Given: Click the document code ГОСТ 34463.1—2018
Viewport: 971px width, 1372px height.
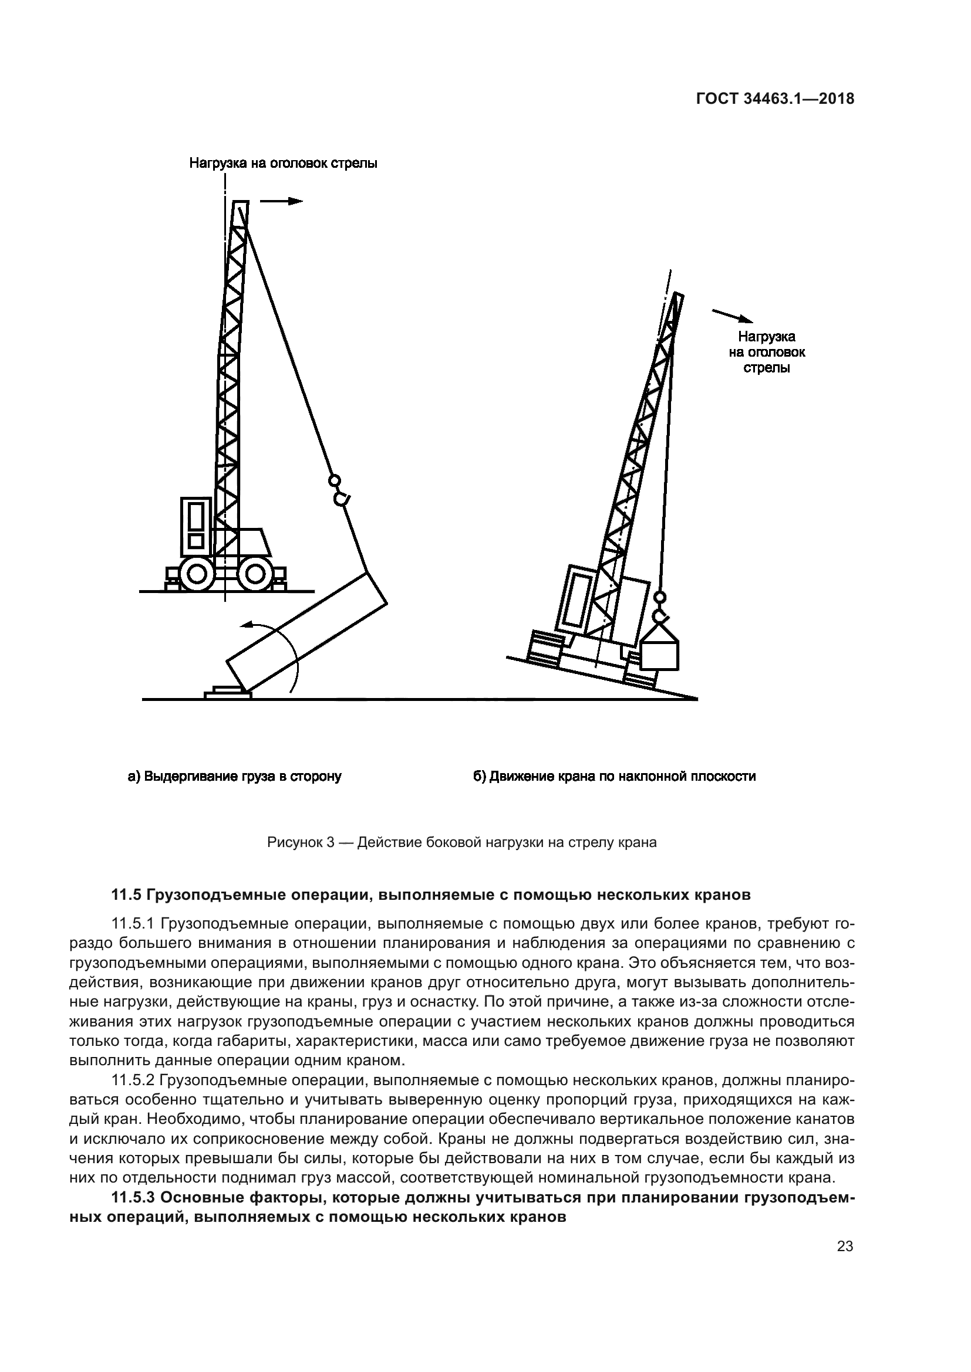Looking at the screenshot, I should pyautogui.click(x=775, y=99).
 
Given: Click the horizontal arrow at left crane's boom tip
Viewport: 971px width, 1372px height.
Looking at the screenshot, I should pyautogui.click(x=282, y=201).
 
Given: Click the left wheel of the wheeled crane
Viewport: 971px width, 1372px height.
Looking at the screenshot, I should pyautogui.click(x=197, y=574).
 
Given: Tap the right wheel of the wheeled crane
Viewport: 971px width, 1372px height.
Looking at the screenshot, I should pyautogui.click(x=255, y=574).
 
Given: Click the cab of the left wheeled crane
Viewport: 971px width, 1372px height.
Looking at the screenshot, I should pyautogui.click(x=196, y=526).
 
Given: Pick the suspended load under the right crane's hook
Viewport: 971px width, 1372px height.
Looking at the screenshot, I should pyautogui.click(x=659, y=653).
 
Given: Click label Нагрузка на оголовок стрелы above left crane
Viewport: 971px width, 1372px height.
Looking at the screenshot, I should pyautogui.click(x=283, y=163).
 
